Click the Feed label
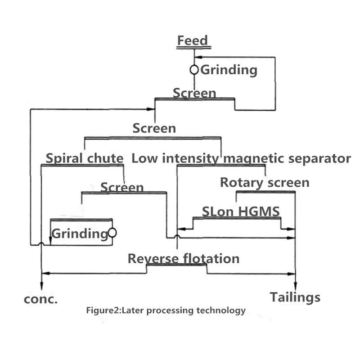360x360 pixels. pos(193,40)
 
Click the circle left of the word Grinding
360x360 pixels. pos(194,70)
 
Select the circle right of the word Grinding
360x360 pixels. pos(112,233)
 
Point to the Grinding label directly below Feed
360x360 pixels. pos(229,70)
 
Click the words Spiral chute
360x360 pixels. pos(85,158)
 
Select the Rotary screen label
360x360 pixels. pos(265,182)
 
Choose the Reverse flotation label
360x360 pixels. pos(184,259)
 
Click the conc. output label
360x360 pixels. pos(40,299)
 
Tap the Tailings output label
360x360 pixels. pos(295,297)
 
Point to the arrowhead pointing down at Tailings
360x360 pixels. pos(296,286)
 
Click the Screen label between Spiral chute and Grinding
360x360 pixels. pos(122,187)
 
